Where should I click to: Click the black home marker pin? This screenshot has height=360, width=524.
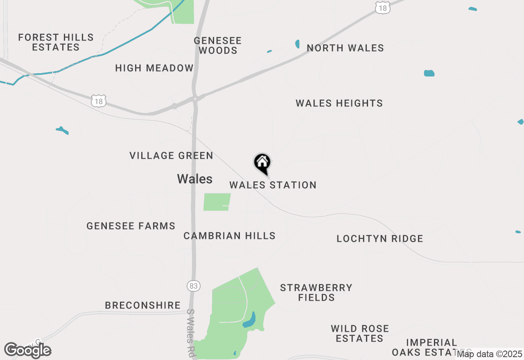[262, 163]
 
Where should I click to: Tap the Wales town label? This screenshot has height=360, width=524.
[195, 179]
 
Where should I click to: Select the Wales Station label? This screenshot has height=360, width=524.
[273, 185]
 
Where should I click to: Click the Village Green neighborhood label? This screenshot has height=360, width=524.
[172, 156]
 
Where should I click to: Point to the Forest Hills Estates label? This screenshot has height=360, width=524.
[56, 43]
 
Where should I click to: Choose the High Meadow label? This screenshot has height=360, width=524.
[154, 68]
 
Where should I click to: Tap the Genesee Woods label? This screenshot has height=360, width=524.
[218, 46]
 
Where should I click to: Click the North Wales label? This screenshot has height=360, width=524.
[346, 48]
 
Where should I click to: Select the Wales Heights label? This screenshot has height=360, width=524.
[339, 103]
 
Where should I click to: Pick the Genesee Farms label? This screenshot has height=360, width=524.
[131, 226]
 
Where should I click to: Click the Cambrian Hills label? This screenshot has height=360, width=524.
[230, 236]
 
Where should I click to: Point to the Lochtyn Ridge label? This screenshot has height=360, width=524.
[380, 239]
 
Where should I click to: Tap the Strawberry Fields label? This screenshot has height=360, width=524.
[316, 292]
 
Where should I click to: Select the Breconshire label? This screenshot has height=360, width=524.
[143, 306]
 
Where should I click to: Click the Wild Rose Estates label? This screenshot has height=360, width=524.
[360, 333]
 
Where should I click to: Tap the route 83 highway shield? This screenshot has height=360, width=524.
[194, 286]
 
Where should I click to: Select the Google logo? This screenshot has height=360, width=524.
[28, 350]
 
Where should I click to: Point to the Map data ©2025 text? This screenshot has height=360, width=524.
[490, 354]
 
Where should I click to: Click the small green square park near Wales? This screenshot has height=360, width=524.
[217, 202]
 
